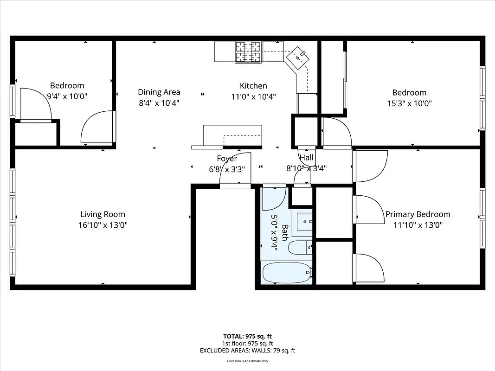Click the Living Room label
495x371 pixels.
[x=103, y=214]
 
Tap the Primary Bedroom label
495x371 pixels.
[x=418, y=214]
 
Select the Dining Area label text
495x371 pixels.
[x=159, y=92]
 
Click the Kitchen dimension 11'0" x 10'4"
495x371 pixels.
[x=253, y=97]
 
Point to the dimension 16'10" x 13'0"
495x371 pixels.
[x=103, y=225]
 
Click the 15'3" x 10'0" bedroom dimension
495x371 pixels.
[x=409, y=104]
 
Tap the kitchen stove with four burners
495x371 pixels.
[x=248, y=52]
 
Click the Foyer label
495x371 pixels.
[x=227, y=159]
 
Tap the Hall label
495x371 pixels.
[x=306, y=158]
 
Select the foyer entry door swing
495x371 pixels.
[x=236, y=169]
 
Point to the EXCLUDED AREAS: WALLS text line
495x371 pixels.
[x=247, y=351]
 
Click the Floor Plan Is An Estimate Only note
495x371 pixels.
[x=247, y=360]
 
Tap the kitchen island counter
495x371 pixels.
[x=232, y=136]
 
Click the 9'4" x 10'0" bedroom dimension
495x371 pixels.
[x=67, y=96]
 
